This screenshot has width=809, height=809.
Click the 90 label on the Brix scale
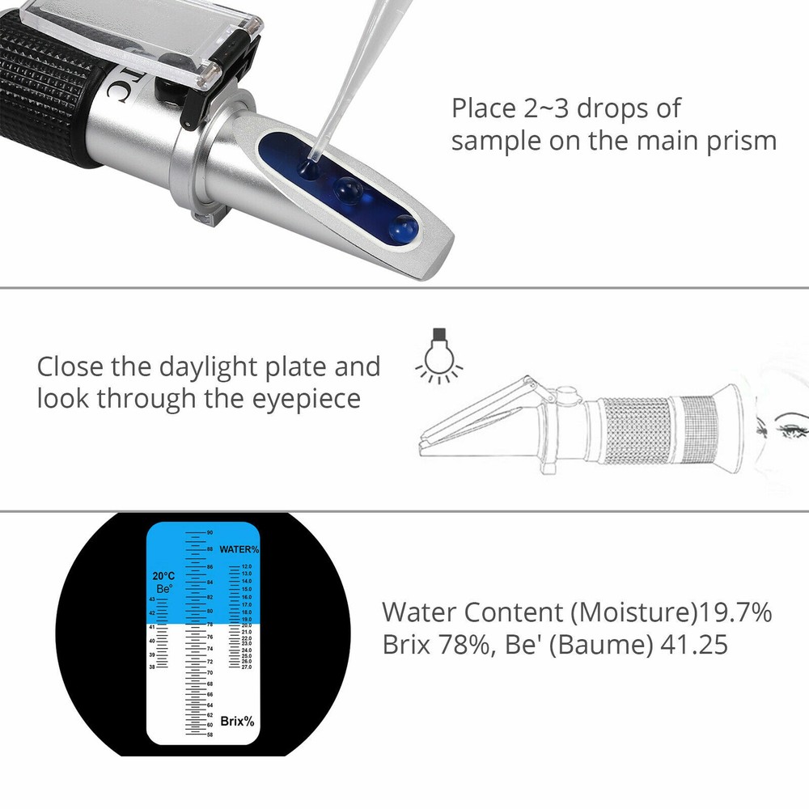[209, 532]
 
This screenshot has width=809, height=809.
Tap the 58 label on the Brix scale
[209, 735]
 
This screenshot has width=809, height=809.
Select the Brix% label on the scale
[237, 721]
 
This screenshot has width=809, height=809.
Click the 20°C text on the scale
[163, 576]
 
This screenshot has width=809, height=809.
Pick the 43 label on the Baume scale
[152, 599]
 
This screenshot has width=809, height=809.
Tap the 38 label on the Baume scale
[152, 667]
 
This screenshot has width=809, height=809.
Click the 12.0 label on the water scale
[246, 567]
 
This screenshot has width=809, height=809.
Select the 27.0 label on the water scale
[246, 667]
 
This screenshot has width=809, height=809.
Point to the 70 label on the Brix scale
[209, 673]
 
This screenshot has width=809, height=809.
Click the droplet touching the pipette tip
[307, 168]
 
